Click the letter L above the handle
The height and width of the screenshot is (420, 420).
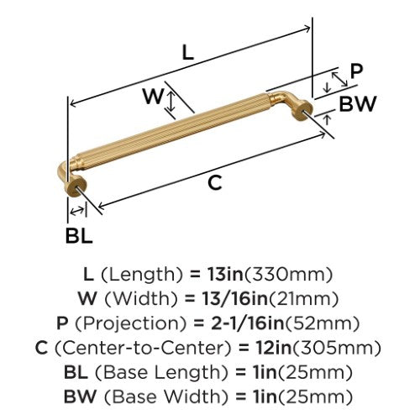pos(188,53)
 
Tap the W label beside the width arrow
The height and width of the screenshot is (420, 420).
pos(153,96)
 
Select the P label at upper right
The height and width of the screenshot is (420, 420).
pos(356,71)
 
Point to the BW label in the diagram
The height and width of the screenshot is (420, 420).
pos(358,104)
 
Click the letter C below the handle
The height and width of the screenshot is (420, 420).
pos(215,183)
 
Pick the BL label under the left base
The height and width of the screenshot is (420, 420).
pos(79,235)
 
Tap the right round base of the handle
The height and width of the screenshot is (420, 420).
pos(302,112)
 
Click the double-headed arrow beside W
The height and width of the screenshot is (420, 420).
pos(171,102)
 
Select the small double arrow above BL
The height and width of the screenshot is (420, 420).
pos(76,211)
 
